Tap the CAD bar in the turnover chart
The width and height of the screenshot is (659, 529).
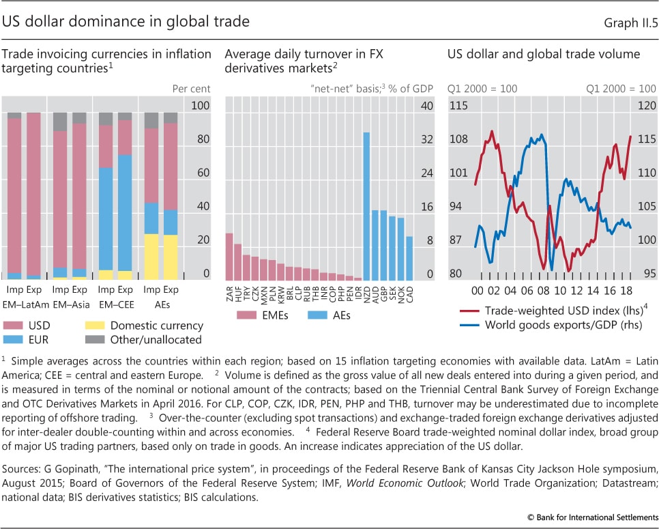tap(409, 258)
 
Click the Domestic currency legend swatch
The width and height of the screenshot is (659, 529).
tap(96, 326)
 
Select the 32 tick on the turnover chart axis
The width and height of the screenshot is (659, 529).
tap(427, 139)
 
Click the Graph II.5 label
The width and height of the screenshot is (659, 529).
tap(631, 22)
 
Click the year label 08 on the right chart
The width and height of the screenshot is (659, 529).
tap(546, 291)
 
